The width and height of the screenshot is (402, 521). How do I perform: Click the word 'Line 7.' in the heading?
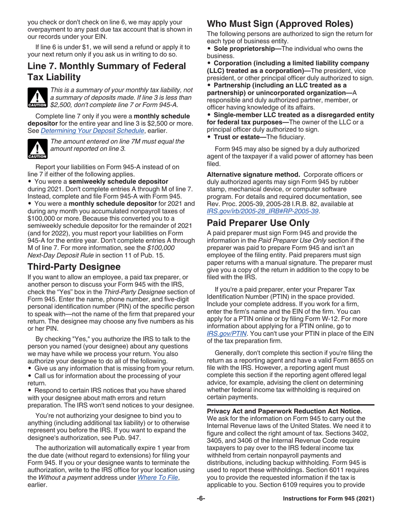pyautogui.click(x=44, y=67)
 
